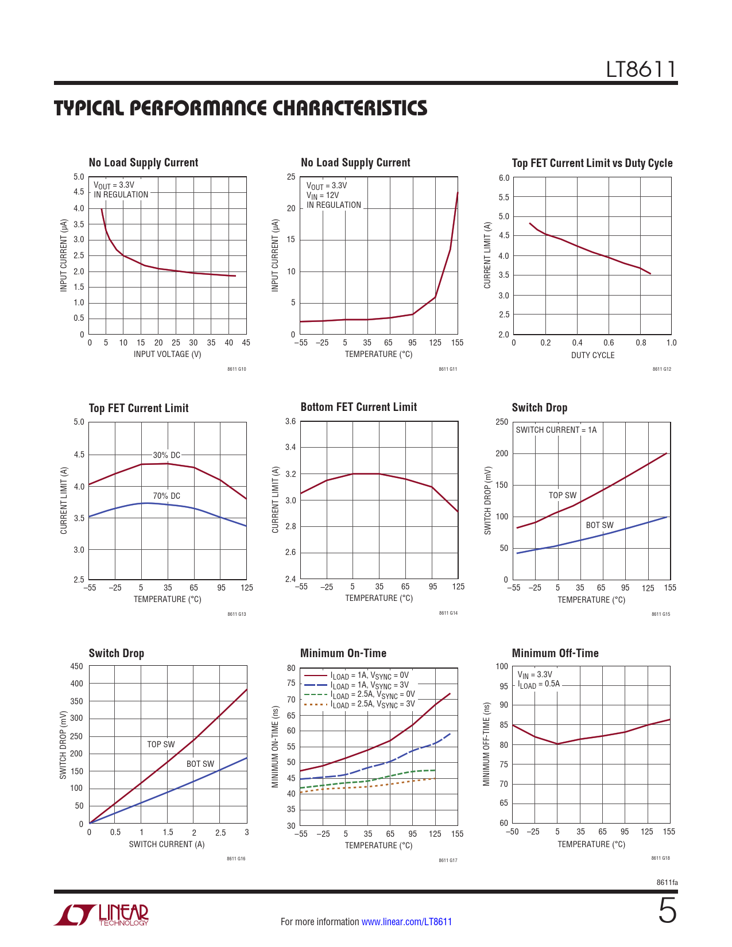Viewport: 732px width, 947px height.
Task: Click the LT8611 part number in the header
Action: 641,69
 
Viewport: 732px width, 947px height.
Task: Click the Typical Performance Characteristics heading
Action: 241,108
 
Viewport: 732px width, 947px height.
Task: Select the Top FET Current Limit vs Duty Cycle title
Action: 592,163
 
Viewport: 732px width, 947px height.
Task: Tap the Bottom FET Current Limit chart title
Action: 359,407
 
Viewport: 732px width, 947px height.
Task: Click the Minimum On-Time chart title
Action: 343,653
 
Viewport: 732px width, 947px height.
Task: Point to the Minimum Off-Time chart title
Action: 555,653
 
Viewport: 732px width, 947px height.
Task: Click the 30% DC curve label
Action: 166,455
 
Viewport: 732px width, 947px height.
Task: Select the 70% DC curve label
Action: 166,496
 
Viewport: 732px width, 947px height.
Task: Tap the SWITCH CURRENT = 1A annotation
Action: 556,430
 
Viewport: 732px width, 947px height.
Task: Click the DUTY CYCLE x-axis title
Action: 592,355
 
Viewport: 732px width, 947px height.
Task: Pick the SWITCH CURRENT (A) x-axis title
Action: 166,844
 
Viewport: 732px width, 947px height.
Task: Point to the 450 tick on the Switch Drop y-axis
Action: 76,666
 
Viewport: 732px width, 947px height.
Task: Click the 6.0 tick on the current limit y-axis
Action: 504,178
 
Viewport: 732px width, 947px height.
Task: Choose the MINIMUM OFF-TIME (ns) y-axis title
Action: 486,744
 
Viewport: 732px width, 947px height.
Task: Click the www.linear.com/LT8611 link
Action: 406,922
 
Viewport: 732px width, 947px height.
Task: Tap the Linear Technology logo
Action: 102,915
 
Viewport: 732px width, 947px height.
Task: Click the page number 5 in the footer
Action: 667,911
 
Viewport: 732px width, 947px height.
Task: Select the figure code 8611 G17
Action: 448,860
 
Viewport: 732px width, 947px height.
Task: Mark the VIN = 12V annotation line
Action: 323,195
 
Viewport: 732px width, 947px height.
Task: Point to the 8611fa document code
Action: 667,883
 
